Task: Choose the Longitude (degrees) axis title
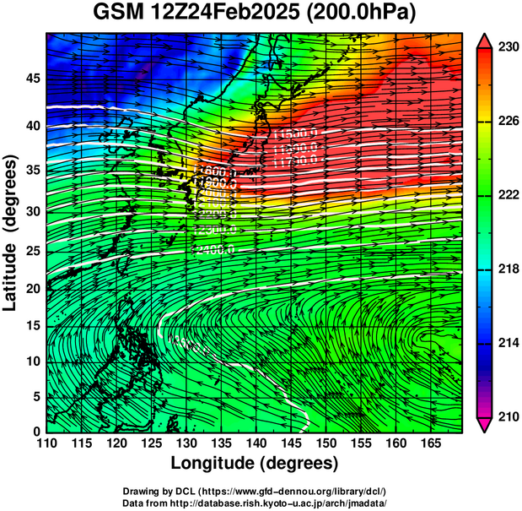pyautogui.click(x=254, y=464)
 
